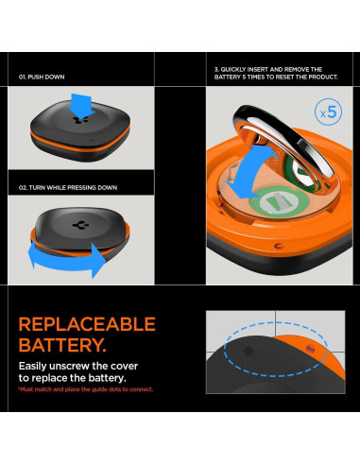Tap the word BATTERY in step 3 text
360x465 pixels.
coord(232,77)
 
